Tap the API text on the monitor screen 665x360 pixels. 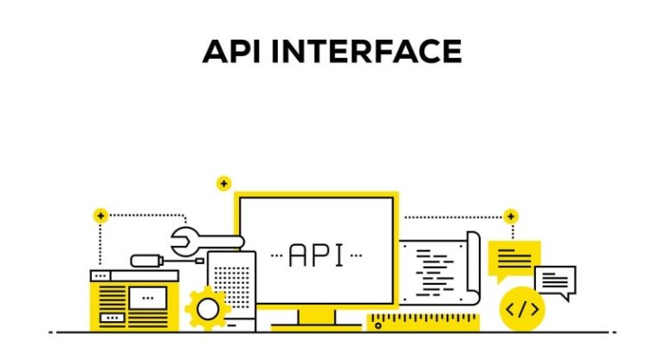[316, 254]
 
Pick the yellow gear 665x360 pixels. [208, 308]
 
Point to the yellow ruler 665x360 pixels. [423, 322]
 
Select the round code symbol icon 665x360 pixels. [523, 308]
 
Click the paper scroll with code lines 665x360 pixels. [437, 268]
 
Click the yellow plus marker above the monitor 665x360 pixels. [224, 183]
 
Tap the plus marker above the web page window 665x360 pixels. [101, 215]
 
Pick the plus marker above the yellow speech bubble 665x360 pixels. [511, 215]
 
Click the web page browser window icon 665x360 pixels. [134, 299]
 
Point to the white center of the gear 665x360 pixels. [208, 308]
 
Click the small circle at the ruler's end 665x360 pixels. [378, 325]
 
